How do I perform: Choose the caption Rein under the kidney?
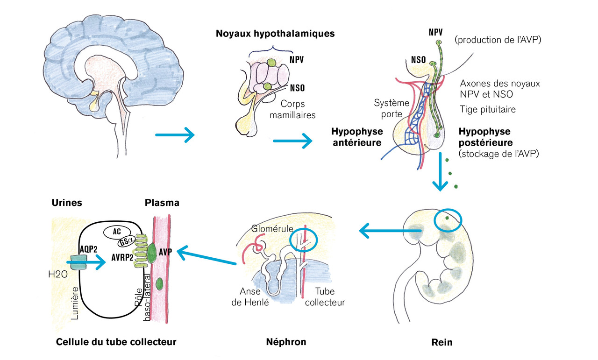coord(441,342)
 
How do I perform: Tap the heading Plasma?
coord(162,203)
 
